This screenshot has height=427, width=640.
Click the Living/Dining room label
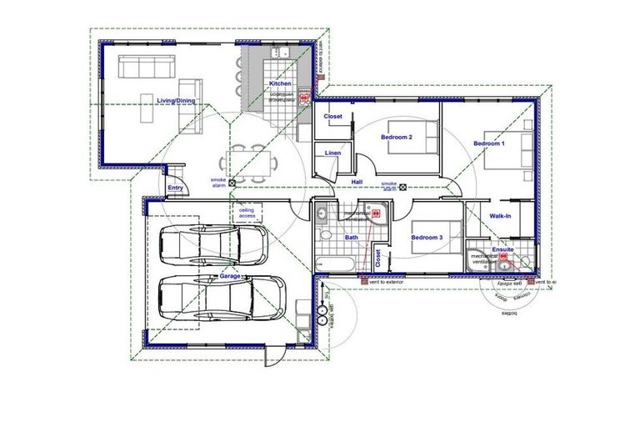tap(176, 101)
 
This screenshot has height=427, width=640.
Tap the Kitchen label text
tap(280, 85)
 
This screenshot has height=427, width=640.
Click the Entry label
tap(175, 188)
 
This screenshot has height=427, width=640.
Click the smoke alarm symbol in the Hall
tap(403, 187)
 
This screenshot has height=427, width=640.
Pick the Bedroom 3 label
tap(427, 238)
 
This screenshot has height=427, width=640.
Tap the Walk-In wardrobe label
tap(500, 216)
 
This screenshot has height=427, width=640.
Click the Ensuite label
tap(502, 249)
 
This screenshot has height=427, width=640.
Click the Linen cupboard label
tap(332, 153)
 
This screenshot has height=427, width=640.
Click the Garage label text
tap(229, 275)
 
